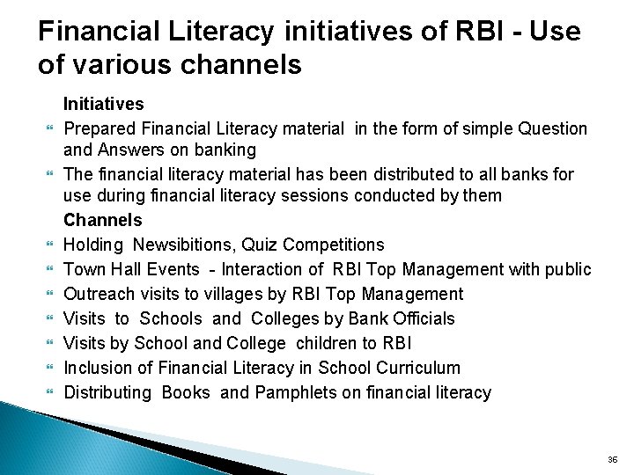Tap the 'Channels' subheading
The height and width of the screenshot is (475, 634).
click(102, 220)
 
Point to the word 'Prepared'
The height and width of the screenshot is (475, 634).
click(100, 129)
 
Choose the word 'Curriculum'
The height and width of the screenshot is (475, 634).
click(418, 368)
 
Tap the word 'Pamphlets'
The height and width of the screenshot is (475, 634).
click(294, 392)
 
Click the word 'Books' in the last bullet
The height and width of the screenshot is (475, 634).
click(186, 392)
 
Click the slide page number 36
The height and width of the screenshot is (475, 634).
click(613, 459)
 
